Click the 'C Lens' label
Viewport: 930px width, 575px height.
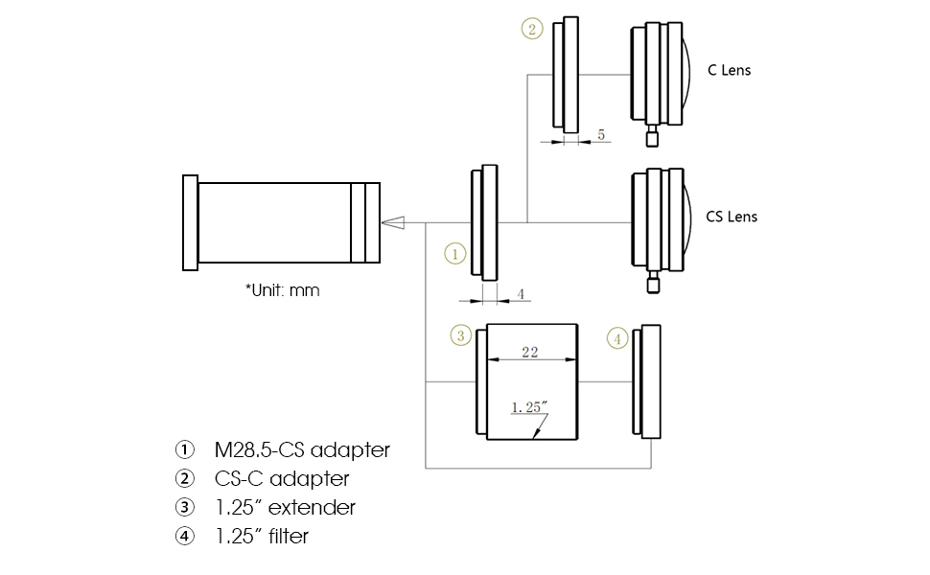coord(730,70)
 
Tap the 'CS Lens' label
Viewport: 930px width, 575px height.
coord(732,217)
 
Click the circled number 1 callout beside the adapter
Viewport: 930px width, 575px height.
coord(455,253)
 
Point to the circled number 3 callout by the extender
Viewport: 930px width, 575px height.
coord(461,335)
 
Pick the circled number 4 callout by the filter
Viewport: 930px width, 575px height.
coord(618,338)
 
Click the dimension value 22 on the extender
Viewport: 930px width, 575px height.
coord(529,352)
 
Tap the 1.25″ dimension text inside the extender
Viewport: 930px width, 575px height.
coord(529,407)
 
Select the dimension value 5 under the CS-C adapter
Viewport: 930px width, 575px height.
coord(601,135)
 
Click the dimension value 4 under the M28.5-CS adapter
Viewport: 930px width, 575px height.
coord(521,294)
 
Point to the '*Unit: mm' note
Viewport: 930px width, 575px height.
coord(282,289)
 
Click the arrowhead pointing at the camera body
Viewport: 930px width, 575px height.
coord(392,223)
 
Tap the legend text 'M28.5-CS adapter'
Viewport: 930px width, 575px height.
coord(302,449)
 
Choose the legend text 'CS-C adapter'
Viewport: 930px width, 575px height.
coord(282,478)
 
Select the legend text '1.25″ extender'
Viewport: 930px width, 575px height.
coord(285,507)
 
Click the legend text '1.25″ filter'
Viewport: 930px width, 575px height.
coord(262,537)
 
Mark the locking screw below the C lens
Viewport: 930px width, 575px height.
coord(653,137)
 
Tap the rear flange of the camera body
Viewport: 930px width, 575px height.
coord(190,222)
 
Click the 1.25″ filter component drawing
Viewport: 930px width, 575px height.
coord(649,381)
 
